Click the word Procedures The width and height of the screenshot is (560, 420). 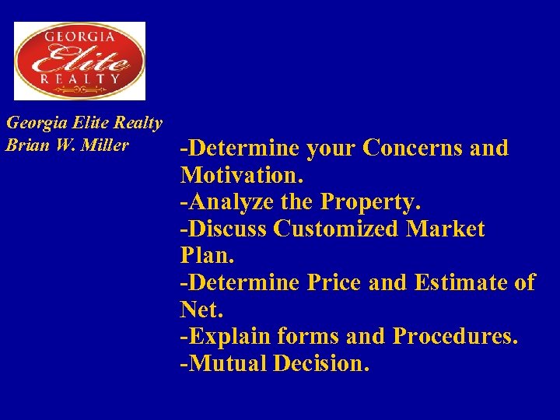[455, 337]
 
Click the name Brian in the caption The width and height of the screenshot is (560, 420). [23, 145]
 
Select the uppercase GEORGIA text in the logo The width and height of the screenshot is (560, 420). [80, 36]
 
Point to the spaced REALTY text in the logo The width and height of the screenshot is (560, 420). [80, 79]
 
